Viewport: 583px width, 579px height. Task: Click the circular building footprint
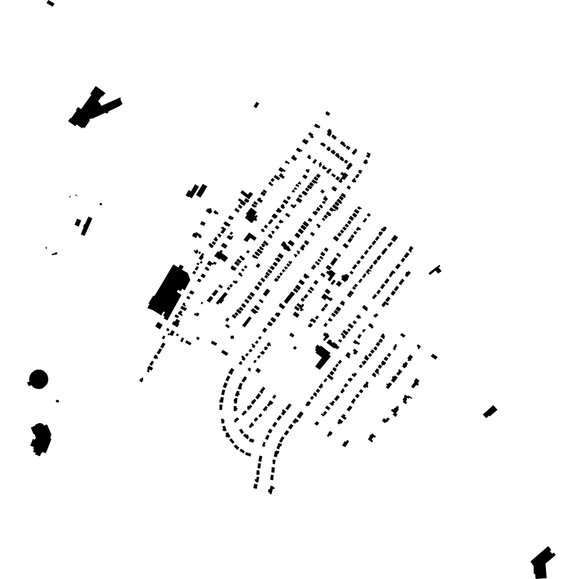[38, 379]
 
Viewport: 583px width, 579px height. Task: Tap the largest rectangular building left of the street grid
[168, 289]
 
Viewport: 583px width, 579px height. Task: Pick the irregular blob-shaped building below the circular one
[41, 438]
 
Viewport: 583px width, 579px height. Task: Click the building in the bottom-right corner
[541, 563]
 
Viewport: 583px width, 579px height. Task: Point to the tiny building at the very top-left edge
[50, 4]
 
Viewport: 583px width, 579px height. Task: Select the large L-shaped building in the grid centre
[322, 357]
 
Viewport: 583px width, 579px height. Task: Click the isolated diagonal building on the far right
[490, 412]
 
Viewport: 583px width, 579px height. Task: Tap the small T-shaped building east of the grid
[435, 270]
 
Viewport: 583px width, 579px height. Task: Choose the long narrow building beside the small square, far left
[87, 226]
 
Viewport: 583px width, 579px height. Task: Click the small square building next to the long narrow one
[78, 222]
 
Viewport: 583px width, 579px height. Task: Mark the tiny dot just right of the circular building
[57, 401]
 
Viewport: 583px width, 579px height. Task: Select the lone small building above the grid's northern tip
[328, 113]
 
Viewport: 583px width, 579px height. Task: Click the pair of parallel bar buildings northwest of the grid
[197, 190]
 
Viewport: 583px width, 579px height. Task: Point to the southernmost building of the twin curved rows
[271, 490]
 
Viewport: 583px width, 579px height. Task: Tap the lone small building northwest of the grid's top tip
[256, 105]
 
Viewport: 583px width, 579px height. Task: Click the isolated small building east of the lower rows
[434, 357]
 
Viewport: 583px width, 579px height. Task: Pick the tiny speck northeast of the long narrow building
[100, 204]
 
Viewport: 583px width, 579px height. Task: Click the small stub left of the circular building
[29, 383]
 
